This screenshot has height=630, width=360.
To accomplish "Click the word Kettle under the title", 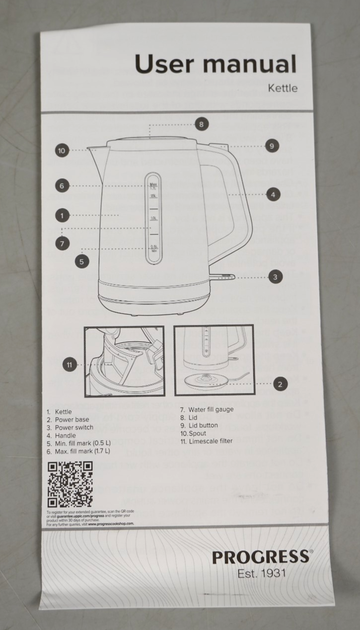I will (283, 88).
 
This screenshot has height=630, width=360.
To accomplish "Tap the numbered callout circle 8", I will (201, 124).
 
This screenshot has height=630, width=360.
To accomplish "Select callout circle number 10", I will (62, 151).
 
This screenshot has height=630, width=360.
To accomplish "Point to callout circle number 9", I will (272, 146).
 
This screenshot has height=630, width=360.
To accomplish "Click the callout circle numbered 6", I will (62, 186).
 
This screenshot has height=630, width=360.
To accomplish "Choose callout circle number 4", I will (273, 194).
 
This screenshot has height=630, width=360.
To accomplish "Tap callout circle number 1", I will (62, 216).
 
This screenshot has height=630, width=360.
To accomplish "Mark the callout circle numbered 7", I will (62, 243).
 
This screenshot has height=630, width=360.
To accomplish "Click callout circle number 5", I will (82, 260).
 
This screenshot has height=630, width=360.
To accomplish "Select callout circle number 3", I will (276, 277).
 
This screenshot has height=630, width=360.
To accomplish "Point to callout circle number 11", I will (70, 365).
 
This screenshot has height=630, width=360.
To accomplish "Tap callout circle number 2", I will (280, 384).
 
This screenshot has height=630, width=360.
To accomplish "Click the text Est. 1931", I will (262, 573).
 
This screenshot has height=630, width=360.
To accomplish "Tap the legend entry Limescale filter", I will (206, 441).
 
